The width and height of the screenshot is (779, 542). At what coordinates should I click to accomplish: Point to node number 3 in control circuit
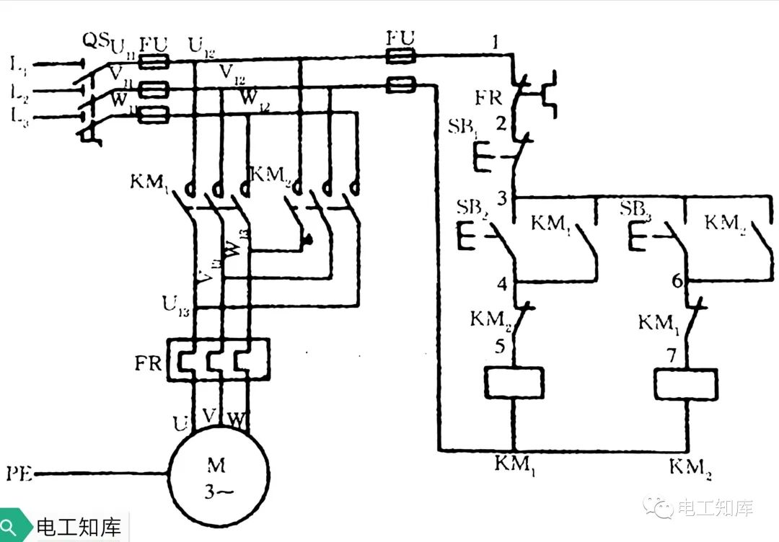pos(502,196)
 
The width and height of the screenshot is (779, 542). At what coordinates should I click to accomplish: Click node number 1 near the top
pos(495,43)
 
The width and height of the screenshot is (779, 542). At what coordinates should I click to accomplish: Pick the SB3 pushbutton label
pos(637,209)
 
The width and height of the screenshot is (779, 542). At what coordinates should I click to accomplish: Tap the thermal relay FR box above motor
pos(218,359)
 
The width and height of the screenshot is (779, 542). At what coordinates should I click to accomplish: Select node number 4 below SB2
pos(502,283)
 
